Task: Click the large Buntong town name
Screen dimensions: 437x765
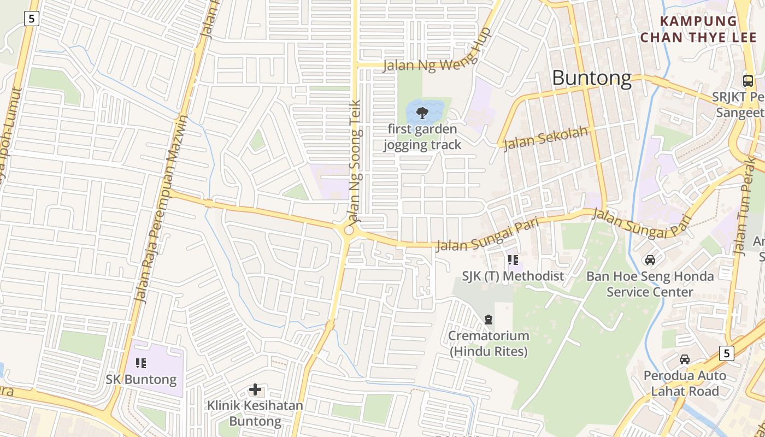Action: click(592, 78)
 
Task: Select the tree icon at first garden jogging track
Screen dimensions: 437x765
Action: click(422, 113)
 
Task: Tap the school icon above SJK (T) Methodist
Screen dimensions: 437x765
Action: click(513, 260)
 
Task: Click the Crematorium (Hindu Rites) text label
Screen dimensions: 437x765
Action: click(489, 344)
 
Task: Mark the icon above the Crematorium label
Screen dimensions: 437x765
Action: click(489, 320)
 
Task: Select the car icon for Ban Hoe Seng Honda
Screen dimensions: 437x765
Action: click(650, 260)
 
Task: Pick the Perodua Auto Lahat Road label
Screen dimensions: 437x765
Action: click(685, 383)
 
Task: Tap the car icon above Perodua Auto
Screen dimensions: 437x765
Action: click(685, 359)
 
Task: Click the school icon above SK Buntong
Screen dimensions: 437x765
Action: click(141, 363)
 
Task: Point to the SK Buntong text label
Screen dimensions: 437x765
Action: click(141, 379)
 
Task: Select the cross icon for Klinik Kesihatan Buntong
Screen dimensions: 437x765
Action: click(255, 389)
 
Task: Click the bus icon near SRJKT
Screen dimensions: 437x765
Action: click(748, 81)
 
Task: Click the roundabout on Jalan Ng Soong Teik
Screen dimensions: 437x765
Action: click(349, 231)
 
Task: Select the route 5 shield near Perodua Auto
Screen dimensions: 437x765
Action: click(726, 353)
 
